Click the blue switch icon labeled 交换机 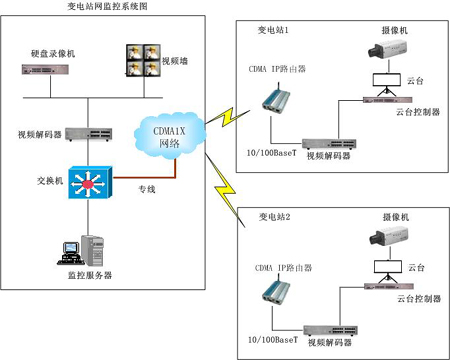tap(90, 182)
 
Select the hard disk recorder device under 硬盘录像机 tap(45, 69)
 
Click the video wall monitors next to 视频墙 tap(143, 60)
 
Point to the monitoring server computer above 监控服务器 tap(81, 251)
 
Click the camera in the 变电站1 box tap(388, 49)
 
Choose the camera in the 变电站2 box tap(389, 236)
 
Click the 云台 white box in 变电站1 tap(386, 80)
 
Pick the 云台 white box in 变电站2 tap(388, 266)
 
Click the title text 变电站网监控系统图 tap(107, 6)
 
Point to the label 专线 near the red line tap(147, 189)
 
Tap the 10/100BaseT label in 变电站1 tap(271, 153)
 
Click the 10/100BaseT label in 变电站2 tap(273, 340)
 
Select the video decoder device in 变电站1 tap(329, 144)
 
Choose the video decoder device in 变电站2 tap(331, 330)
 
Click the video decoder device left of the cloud tap(88, 134)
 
